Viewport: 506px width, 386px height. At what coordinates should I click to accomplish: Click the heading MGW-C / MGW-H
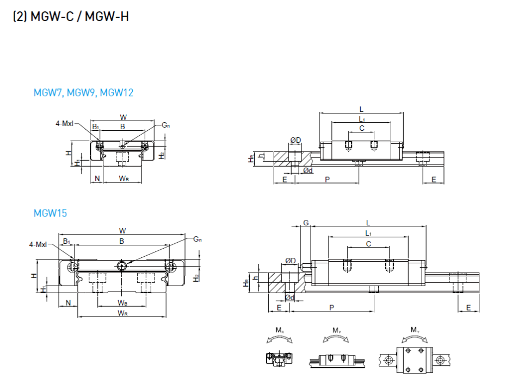[x=79, y=16]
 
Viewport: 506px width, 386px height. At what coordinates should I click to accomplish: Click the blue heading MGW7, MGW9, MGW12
[x=83, y=93]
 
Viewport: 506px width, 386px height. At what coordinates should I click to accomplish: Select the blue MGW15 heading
[x=50, y=213]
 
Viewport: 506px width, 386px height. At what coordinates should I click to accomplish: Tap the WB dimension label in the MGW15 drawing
[x=122, y=302]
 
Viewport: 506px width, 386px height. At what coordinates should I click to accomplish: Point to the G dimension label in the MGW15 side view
[x=306, y=223]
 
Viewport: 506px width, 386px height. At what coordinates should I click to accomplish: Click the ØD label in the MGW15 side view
[x=290, y=261]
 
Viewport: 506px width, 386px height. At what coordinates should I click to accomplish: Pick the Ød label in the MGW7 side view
[x=308, y=170]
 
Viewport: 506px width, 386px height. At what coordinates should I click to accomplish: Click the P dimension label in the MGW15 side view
[x=331, y=308]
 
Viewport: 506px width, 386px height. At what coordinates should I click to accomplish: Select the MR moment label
[x=280, y=330]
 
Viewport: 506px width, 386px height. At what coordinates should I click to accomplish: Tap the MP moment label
[x=336, y=330]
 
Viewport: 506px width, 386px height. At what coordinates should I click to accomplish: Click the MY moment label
[x=415, y=330]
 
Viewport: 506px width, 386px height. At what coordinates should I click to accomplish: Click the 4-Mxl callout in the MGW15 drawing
[x=38, y=245]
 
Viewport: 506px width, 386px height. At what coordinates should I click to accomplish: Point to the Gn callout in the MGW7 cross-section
[x=165, y=125]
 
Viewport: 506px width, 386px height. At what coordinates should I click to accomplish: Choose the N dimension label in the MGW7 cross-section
[x=97, y=179]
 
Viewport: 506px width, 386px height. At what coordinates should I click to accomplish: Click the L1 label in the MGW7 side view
[x=362, y=119]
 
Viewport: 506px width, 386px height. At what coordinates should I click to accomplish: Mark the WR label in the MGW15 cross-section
[x=122, y=313]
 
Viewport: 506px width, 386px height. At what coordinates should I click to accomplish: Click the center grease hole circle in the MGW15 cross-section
[x=122, y=265]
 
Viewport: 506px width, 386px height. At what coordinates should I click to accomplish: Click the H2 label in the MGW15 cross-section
[x=196, y=277]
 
